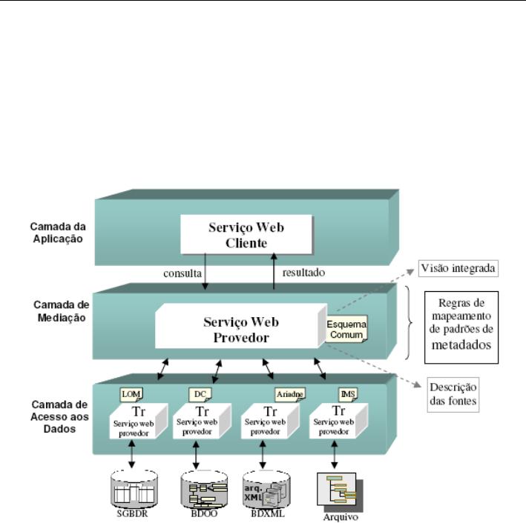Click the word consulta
pyautogui.click(x=183, y=273)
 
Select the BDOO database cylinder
pyautogui.click(x=201, y=485)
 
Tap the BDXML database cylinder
pyautogui.click(x=265, y=485)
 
